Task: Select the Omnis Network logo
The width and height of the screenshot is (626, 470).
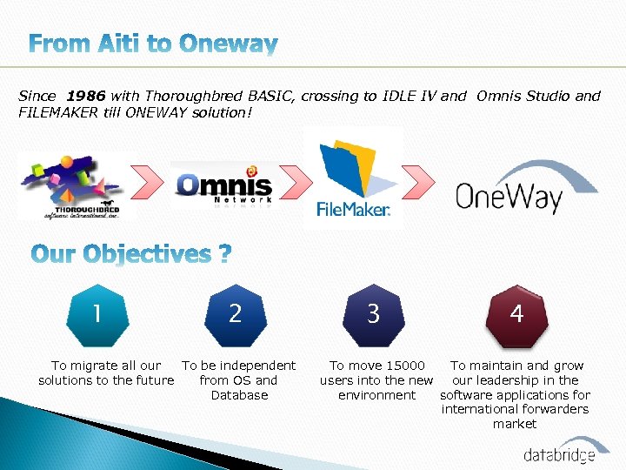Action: [223, 185]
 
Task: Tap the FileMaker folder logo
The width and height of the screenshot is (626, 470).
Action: [353, 178]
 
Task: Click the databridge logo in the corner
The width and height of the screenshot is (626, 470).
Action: [558, 453]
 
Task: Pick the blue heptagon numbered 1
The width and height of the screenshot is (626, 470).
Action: [97, 312]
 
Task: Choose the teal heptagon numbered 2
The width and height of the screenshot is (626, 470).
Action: [235, 312]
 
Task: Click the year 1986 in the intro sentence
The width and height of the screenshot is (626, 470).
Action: [88, 96]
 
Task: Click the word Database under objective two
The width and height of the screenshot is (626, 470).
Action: [239, 395]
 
